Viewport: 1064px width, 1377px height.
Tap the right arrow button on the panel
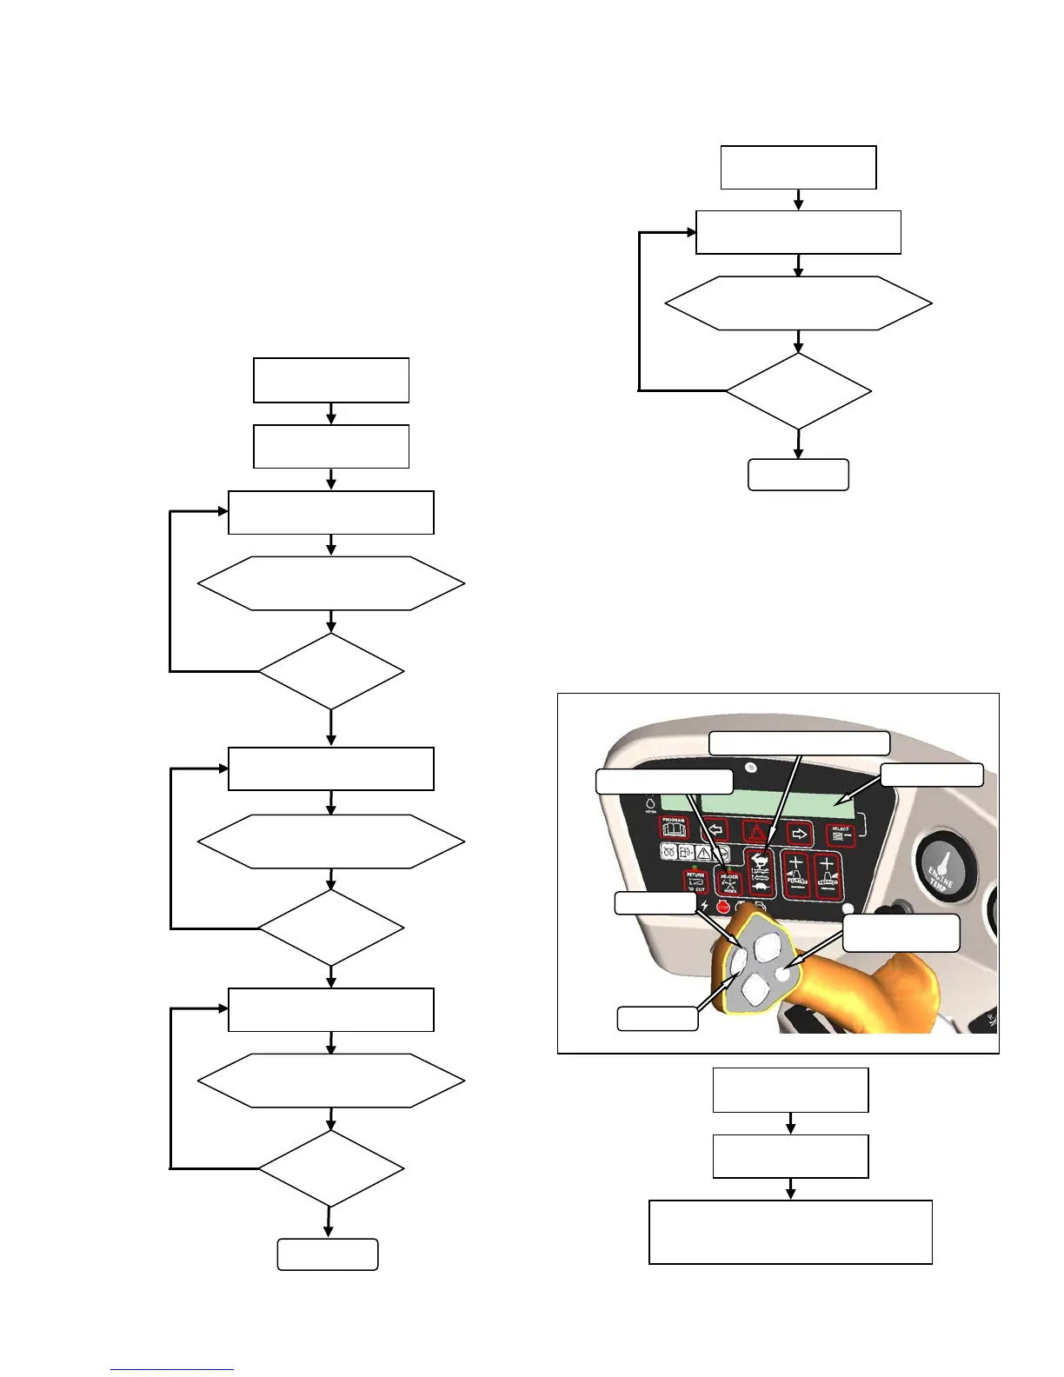[800, 833]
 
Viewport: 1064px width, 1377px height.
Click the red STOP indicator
[723, 907]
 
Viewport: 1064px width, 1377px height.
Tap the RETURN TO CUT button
[695, 881]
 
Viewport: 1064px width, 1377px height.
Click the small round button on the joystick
[785, 975]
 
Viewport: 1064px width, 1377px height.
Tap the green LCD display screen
[756, 805]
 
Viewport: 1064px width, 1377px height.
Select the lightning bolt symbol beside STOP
[704, 907]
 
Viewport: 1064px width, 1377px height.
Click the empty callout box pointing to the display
[932, 775]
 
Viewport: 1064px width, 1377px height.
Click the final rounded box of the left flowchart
[328, 1254]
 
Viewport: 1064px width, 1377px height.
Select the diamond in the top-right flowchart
[798, 391]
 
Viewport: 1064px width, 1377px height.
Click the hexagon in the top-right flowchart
[798, 303]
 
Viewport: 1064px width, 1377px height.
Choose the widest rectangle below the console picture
[790, 1232]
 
